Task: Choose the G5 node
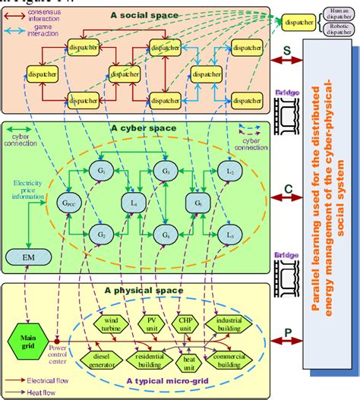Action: [x=197, y=203]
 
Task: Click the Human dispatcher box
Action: [x=335, y=11]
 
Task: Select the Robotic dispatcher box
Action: [x=335, y=29]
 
